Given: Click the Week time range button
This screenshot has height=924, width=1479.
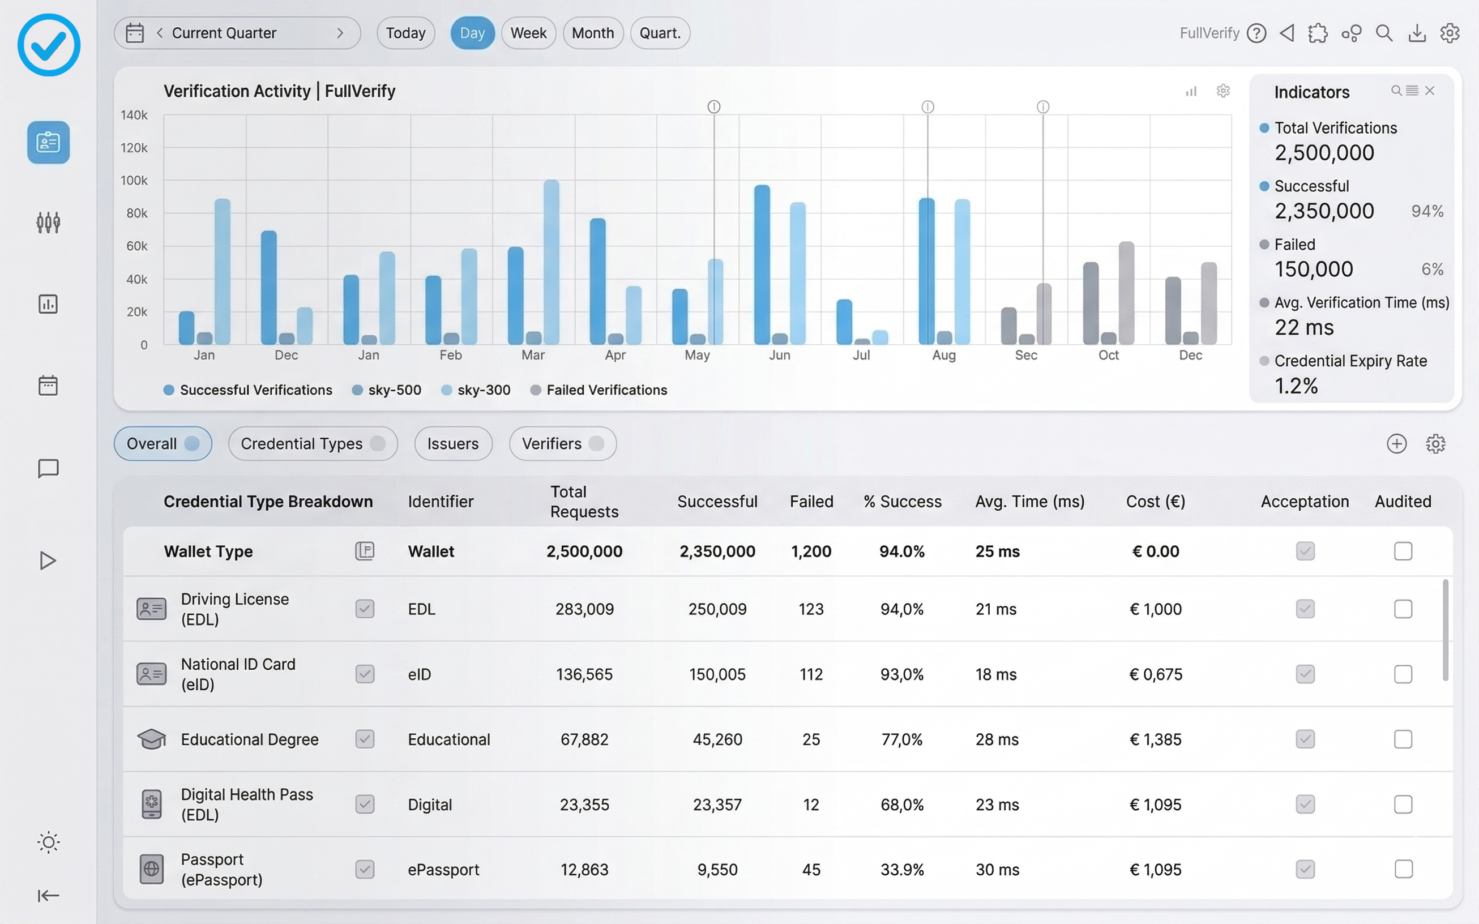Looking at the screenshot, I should [528, 33].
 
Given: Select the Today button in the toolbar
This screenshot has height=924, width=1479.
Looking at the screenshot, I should [405, 33].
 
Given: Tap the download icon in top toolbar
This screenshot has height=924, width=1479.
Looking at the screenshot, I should [1417, 33].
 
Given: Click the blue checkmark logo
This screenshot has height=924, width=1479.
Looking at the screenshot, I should [49, 45].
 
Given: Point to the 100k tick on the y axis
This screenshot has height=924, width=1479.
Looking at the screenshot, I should [134, 181].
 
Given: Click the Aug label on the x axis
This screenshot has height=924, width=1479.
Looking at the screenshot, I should [943, 356].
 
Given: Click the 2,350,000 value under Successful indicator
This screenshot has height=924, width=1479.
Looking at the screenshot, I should [1324, 211].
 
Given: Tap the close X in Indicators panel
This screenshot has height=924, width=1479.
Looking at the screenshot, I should [1430, 91].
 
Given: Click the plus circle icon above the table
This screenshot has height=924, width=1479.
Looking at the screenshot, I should [1396, 444].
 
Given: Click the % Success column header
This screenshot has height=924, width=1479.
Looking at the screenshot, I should [902, 502].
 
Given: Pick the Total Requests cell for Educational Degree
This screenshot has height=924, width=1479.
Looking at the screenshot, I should [584, 739].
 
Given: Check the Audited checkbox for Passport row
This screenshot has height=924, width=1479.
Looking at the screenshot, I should [1403, 869].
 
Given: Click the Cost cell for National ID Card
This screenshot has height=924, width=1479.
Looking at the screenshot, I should [1155, 675].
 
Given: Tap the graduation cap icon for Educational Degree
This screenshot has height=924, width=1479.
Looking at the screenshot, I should [152, 739].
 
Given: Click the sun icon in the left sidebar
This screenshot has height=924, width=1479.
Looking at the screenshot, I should [48, 842].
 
